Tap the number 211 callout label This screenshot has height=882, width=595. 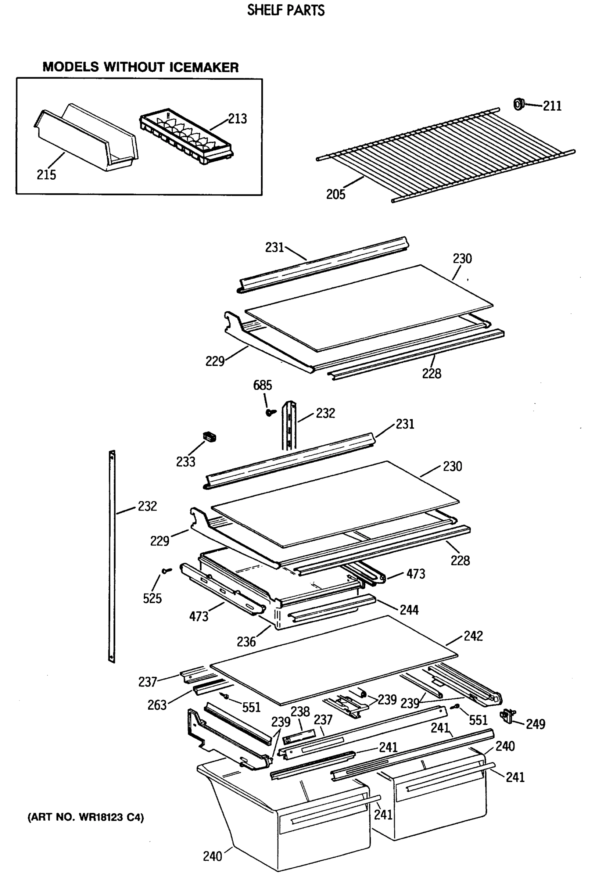click(x=552, y=106)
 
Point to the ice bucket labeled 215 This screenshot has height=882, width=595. click(x=86, y=139)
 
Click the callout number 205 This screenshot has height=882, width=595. click(x=336, y=195)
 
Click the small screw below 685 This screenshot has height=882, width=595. click(x=270, y=412)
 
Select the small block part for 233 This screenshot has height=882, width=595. click(x=210, y=437)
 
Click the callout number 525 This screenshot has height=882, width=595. click(x=152, y=599)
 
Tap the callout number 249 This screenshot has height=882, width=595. click(x=535, y=724)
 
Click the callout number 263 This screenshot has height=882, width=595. click(x=157, y=705)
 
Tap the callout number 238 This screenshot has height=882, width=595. click(x=300, y=712)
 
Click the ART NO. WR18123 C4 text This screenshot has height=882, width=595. click(x=86, y=817)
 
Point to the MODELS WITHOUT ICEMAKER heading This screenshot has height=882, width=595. click(x=140, y=67)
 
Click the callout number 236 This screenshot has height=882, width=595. click(x=246, y=642)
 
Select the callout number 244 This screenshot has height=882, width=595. click(x=409, y=610)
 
